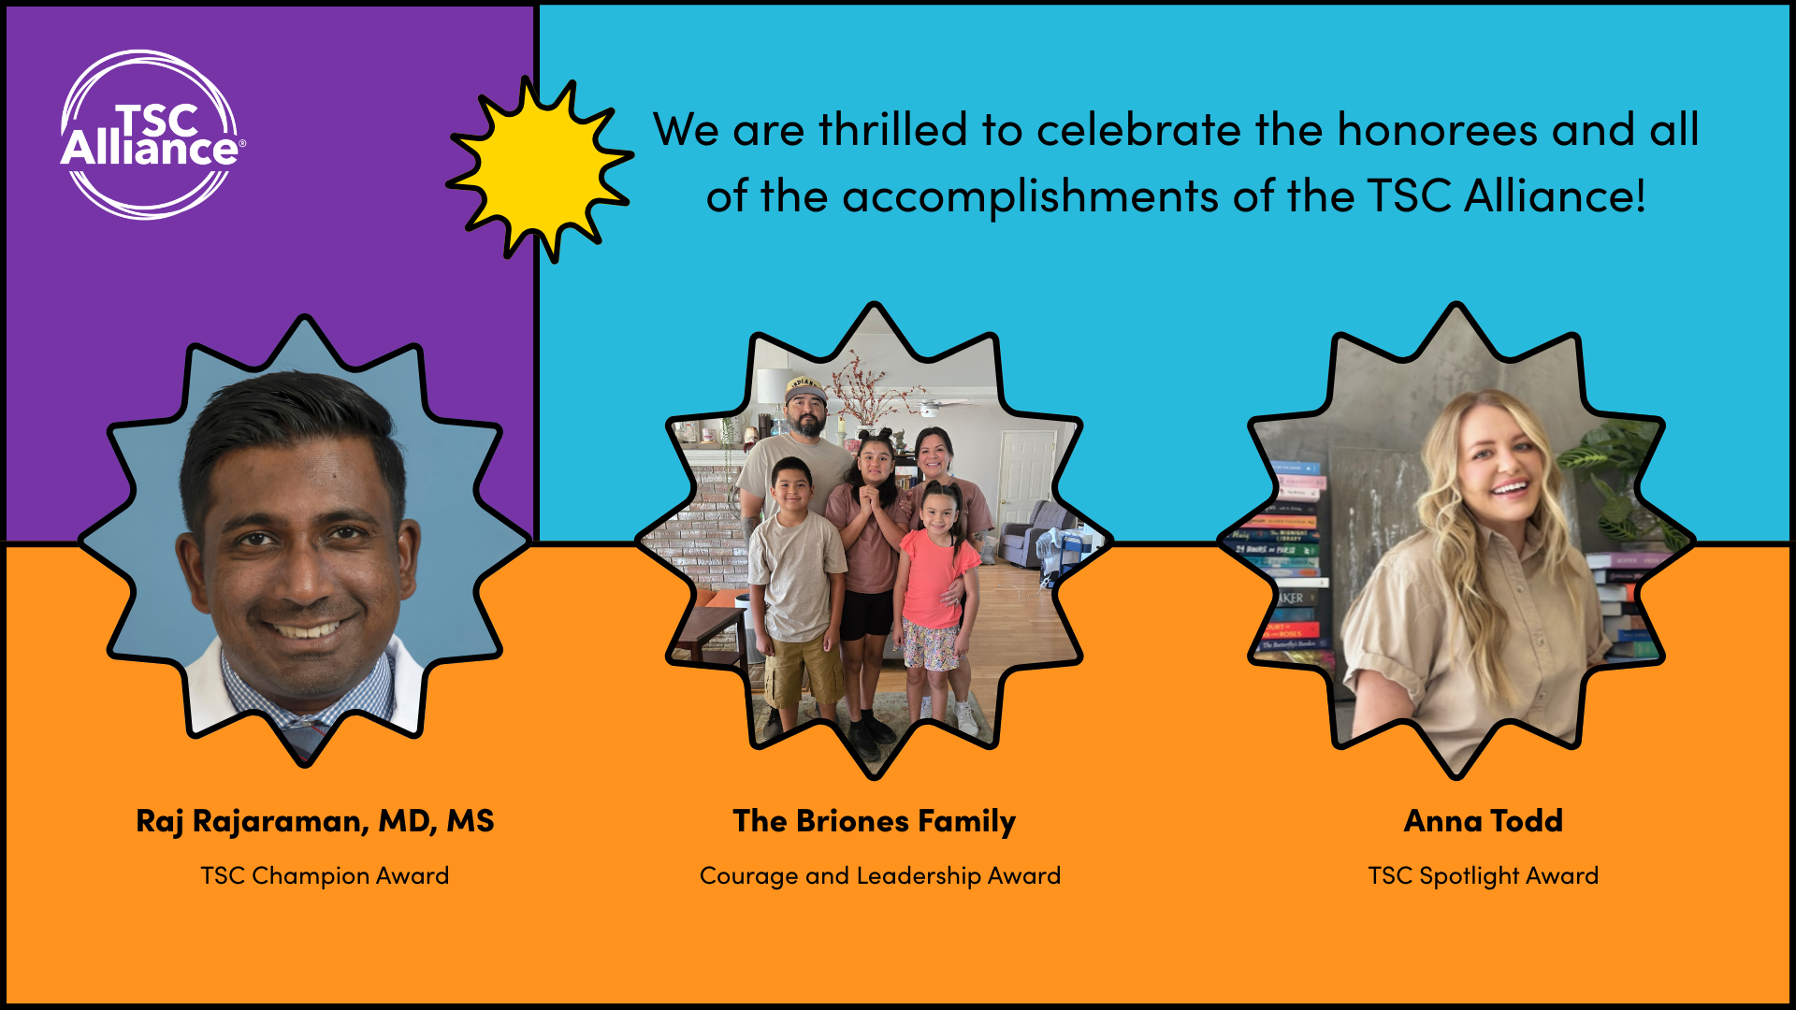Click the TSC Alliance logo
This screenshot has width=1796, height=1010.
[152, 135]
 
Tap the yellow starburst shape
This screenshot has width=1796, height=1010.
[540, 169]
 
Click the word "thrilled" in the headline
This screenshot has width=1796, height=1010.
[892, 129]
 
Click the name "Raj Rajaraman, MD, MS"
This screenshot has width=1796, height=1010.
[315, 821]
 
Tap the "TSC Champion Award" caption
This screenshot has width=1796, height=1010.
[325, 875]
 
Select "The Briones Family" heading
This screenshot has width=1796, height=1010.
[874, 821]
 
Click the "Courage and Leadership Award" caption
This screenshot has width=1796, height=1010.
[880, 875]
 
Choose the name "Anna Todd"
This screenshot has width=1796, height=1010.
[1484, 821]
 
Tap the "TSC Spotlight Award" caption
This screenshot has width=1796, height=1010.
[1484, 875]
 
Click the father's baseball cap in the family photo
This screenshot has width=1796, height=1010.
[805, 389]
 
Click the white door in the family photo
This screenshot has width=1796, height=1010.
[1026, 477]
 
